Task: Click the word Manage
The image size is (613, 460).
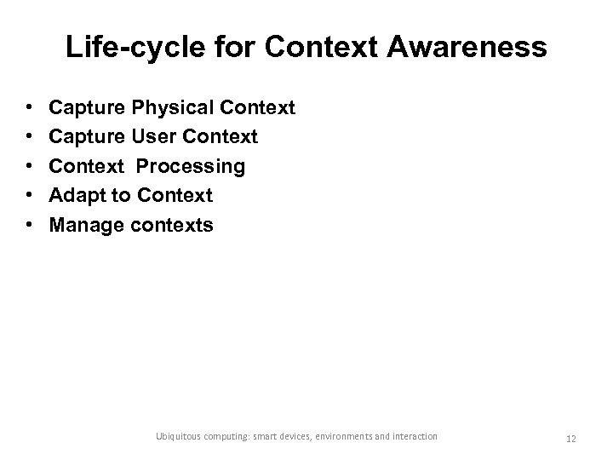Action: point(86,225)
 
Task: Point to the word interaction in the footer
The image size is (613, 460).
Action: point(412,436)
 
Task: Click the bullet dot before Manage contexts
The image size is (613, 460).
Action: point(29,226)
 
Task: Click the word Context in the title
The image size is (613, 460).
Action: point(315,48)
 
